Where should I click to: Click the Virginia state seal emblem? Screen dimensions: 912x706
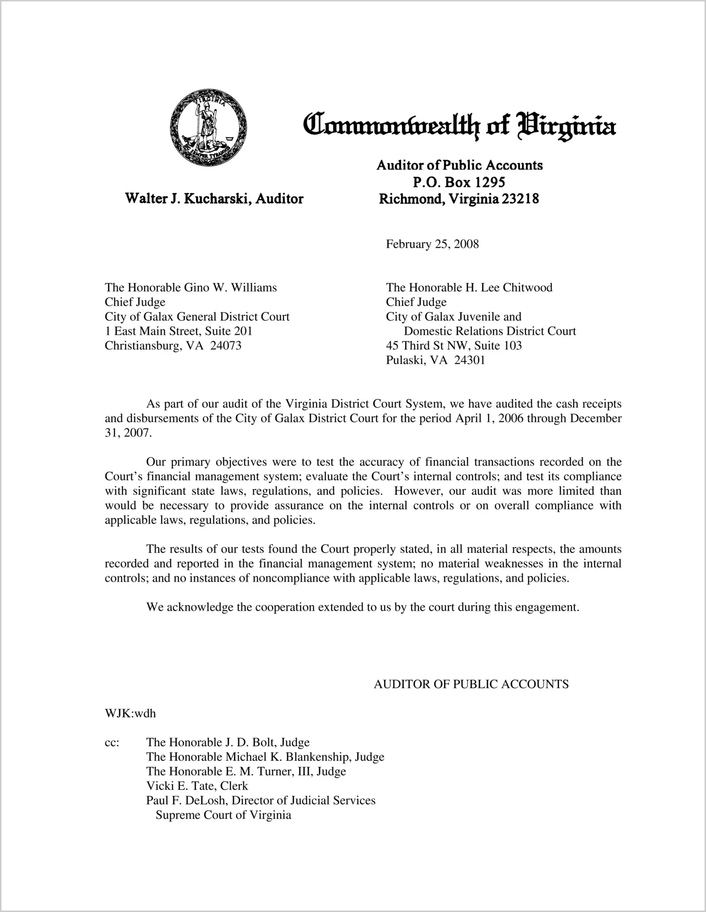208,126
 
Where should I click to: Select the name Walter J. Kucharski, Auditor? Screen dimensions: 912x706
214,198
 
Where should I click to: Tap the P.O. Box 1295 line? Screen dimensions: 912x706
459,182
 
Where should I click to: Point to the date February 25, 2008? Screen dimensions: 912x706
432,244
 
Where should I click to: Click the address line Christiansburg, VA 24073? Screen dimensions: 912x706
173,346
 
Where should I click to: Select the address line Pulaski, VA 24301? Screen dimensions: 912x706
435,360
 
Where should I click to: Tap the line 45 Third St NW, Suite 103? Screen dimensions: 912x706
454,346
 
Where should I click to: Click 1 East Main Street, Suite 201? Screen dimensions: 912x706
178,331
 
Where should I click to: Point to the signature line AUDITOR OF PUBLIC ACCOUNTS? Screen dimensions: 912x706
471,684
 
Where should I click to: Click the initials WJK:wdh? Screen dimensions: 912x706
130,713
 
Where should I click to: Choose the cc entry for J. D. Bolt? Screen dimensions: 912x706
228,742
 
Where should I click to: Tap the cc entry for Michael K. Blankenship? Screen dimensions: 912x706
265,757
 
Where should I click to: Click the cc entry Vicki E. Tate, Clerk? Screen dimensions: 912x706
197,786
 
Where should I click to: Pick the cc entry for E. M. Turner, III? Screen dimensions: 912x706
246,771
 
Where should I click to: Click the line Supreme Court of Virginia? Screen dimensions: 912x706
223,815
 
